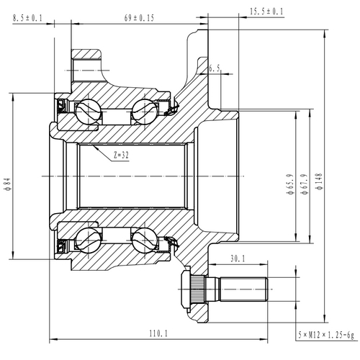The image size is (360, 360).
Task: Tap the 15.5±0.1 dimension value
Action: click(x=266, y=12)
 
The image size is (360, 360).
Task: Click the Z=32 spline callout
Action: click(x=120, y=154)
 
